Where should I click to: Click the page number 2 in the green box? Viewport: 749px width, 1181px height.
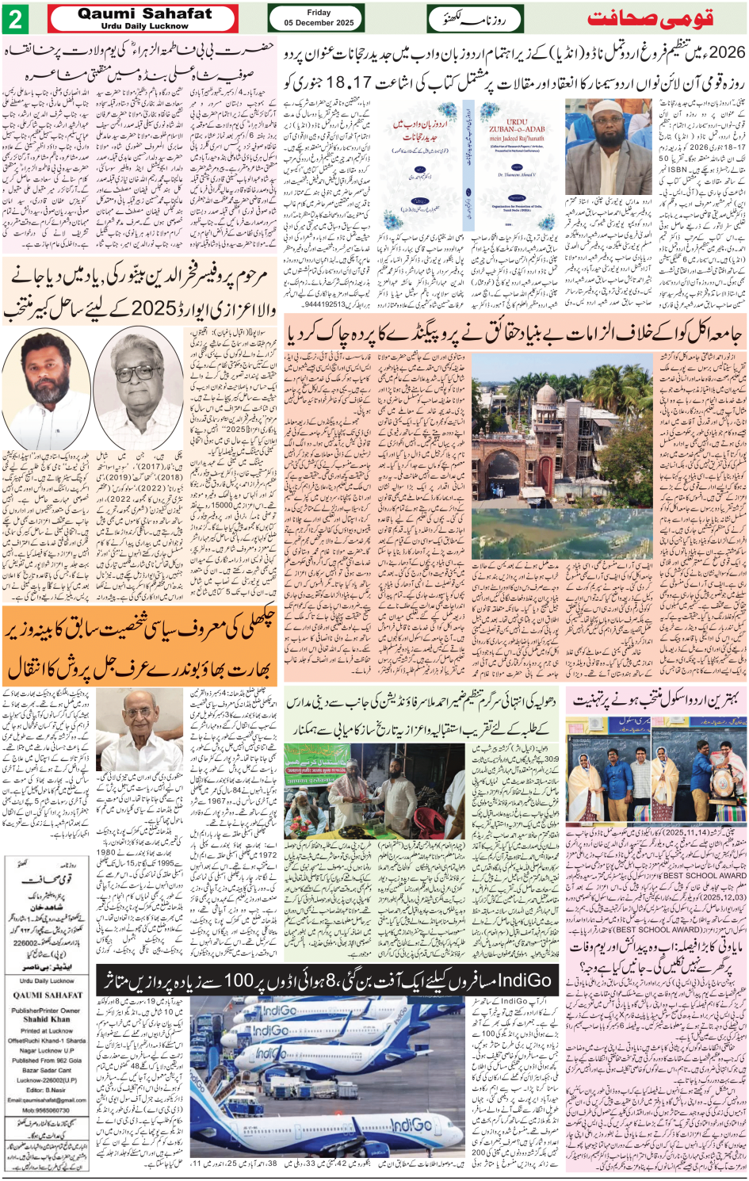16,19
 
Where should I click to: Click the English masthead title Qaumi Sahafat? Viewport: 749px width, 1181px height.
145,13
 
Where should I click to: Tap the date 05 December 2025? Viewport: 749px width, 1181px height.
319,23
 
